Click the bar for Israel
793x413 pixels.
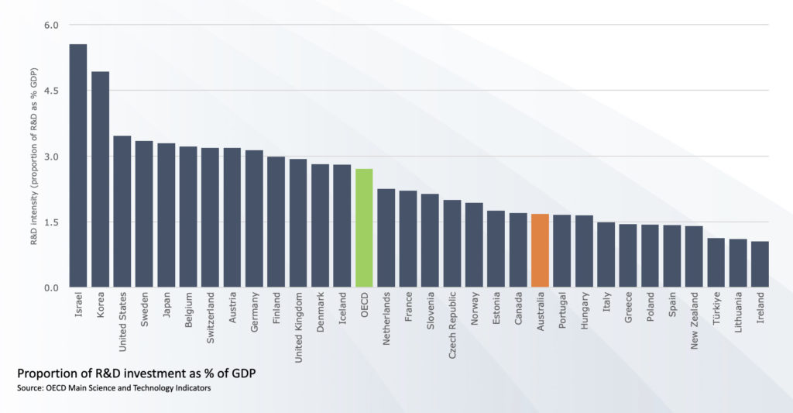(x=78, y=166)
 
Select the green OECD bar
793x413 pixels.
(x=364, y=229)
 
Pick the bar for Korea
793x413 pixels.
(x=101, y=180)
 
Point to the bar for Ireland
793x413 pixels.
(x=760, y=265)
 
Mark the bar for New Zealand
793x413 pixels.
(x=694, y=257)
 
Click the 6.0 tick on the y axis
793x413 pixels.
(x=52, y=26)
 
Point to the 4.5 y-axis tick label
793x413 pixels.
(x=52, y=91)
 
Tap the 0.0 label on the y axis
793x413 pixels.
(x=52, y=288)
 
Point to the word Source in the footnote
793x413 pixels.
(x=29, y=387)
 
